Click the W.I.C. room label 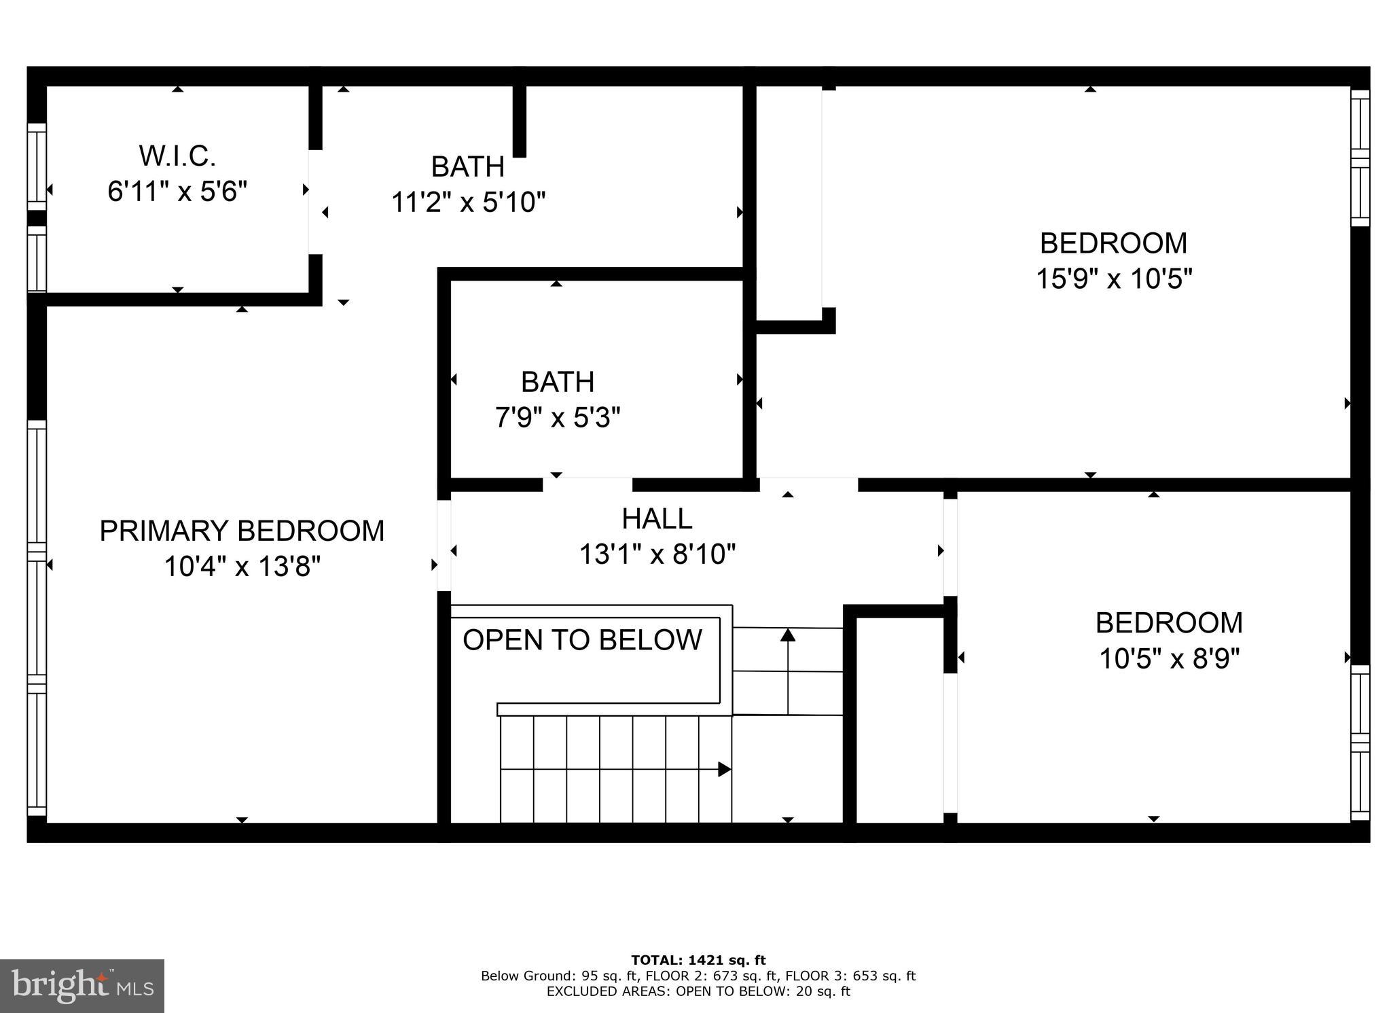tap(177, 156)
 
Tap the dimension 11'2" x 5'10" tap(468, 202)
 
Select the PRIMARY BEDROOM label tap(242, 531)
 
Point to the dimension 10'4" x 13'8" tap(242, 566)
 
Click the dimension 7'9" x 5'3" tap(557, 417)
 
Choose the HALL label tap(657, 519)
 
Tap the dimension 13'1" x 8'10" tap(657, 554)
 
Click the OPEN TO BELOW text tap(582, 640)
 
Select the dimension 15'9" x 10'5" tap(1113, 279)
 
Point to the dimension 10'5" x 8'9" tap(1169, 658)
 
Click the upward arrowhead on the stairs tap(788, 635)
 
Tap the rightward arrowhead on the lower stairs tap(724, 769)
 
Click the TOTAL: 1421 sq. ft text tap(698, 960)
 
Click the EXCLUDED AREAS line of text tap(698, 991)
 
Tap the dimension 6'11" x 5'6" tap(177, 192)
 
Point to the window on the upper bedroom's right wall tap(1360, 158)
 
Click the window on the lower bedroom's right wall tap(1360, 743)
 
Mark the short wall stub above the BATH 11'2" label tap(519, 121)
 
